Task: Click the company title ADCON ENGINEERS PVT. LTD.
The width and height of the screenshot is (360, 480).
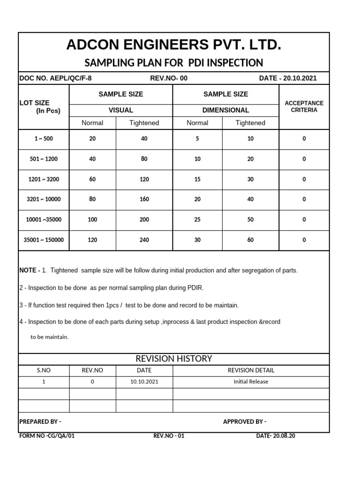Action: [174, 45]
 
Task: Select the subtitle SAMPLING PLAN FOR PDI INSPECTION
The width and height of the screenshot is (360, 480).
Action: [173, 63]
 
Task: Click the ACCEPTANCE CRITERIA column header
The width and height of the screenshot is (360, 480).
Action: [304, 106]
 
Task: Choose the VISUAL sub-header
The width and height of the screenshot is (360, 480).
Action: [121, 110]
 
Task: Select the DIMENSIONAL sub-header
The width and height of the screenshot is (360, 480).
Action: [225, 110]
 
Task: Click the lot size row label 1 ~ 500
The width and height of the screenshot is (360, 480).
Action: [44, 139]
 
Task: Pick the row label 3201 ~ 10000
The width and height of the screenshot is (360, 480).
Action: [44, 199]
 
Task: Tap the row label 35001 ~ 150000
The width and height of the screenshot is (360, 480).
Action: [44, 240]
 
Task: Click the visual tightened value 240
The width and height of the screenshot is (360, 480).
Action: [144, 240]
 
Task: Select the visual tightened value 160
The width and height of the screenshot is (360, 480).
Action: [144, 199]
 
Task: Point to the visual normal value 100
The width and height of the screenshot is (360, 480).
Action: [92, 219]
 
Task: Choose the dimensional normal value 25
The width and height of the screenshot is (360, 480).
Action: [197, 219]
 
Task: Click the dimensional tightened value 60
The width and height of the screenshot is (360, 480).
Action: [250, 240]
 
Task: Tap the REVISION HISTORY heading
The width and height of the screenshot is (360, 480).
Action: [174, 359]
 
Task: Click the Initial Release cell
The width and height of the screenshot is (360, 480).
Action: [251, 382]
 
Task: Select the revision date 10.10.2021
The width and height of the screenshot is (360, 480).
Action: [144, 382]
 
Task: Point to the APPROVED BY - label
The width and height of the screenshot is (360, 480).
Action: [245, 421]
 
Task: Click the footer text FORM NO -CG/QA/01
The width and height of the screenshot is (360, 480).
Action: [47, 436]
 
